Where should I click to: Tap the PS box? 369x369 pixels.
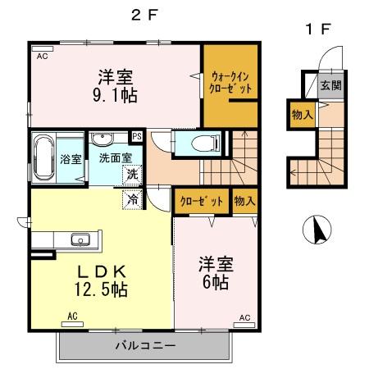137,136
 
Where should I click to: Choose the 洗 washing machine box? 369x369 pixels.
131,173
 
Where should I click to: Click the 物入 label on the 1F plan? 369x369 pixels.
301,116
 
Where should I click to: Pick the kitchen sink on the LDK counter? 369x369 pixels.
80,239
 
